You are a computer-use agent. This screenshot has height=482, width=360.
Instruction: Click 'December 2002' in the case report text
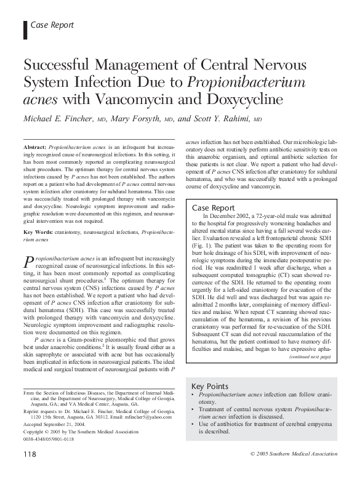click(231, 220)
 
